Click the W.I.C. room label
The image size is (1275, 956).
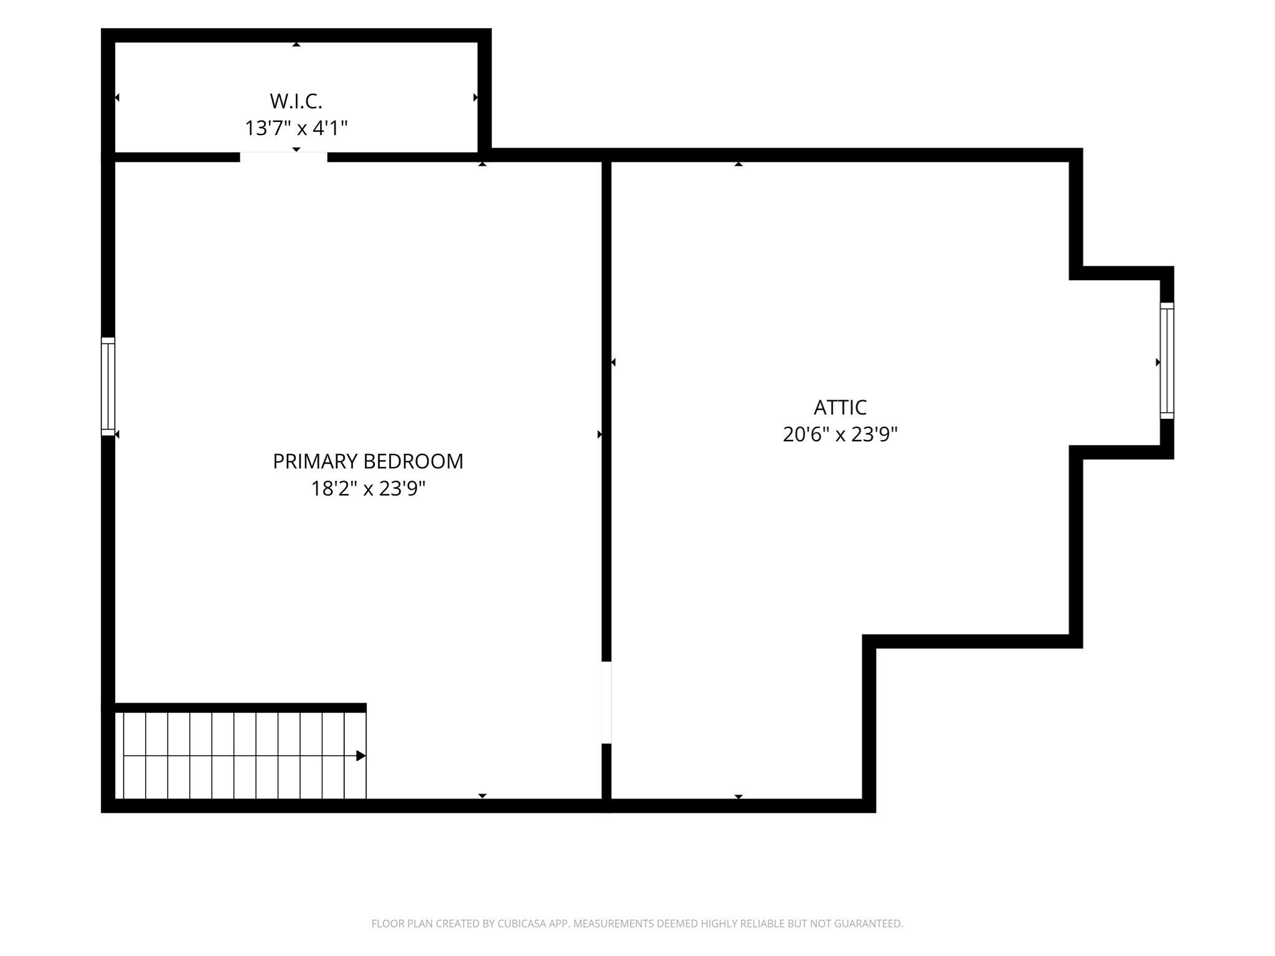[296, 101]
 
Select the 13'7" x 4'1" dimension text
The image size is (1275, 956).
[296, 128]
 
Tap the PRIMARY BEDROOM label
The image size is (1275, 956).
[368, 461]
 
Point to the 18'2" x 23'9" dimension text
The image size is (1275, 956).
[368, 489]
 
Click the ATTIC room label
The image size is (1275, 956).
[840, 407]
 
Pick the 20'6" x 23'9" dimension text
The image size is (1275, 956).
[840, 434]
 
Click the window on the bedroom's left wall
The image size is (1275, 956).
[108, 387]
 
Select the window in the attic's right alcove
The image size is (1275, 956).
[1167, 361]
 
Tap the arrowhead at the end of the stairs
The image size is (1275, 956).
[360, 756]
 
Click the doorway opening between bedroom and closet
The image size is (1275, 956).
[284, 157]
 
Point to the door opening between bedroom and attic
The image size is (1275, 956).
[606, 702]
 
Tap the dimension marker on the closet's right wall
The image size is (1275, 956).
[476, 98]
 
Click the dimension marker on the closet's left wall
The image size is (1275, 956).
[117, 98]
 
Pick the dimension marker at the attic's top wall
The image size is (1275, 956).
[738, 164]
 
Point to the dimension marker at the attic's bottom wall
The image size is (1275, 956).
[738, 797]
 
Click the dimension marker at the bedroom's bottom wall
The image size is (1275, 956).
[482, 796]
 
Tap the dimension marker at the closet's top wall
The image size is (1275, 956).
[296, 44]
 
